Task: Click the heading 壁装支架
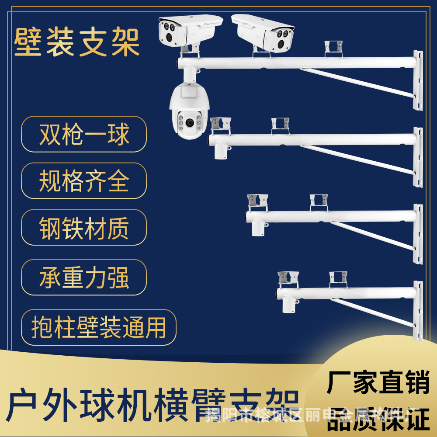coord(77,42)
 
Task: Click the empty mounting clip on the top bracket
coord(333,48)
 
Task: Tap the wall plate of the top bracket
coord(418,81)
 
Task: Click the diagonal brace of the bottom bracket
coord(371,312)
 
